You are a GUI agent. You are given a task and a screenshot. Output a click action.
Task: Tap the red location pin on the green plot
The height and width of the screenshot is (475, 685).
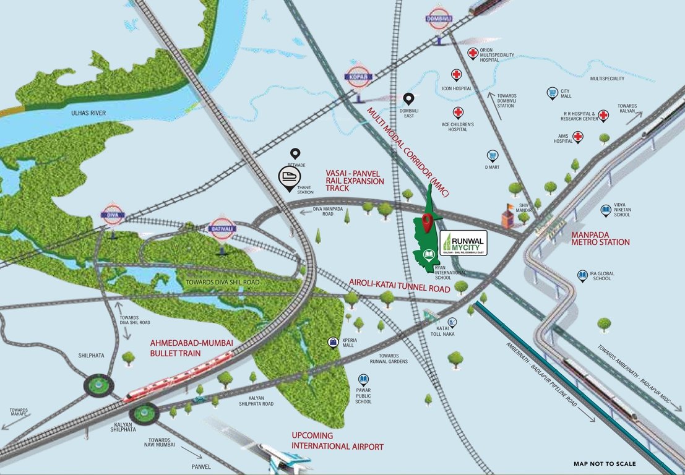coord(427,220)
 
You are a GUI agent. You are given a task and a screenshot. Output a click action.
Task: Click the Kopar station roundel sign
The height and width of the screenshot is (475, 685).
coord(360,74)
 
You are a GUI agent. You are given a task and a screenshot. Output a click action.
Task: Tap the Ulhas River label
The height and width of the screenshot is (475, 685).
coord(88,113)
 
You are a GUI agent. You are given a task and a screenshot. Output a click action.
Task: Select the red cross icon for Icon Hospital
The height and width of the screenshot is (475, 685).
coord(457,75)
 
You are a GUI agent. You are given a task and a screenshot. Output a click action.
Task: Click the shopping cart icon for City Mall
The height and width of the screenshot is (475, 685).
coord(552,93)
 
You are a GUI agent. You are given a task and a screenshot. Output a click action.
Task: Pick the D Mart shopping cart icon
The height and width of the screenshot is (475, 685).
coord(493,155)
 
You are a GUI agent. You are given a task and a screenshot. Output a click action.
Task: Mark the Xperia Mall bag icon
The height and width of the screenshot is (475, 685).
coord(334,341)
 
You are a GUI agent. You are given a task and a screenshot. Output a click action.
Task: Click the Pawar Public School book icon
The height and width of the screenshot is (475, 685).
coord(363,379)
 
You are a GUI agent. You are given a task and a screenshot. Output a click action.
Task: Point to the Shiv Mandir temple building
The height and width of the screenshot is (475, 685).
coord(507,216)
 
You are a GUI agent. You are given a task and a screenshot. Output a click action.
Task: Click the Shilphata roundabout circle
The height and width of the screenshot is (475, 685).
coord(98,385)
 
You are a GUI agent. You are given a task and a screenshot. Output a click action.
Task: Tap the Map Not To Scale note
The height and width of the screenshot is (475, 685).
coord(604,463)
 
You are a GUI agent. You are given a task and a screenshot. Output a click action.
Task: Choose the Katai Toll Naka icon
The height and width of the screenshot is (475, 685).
coord(453,322)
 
